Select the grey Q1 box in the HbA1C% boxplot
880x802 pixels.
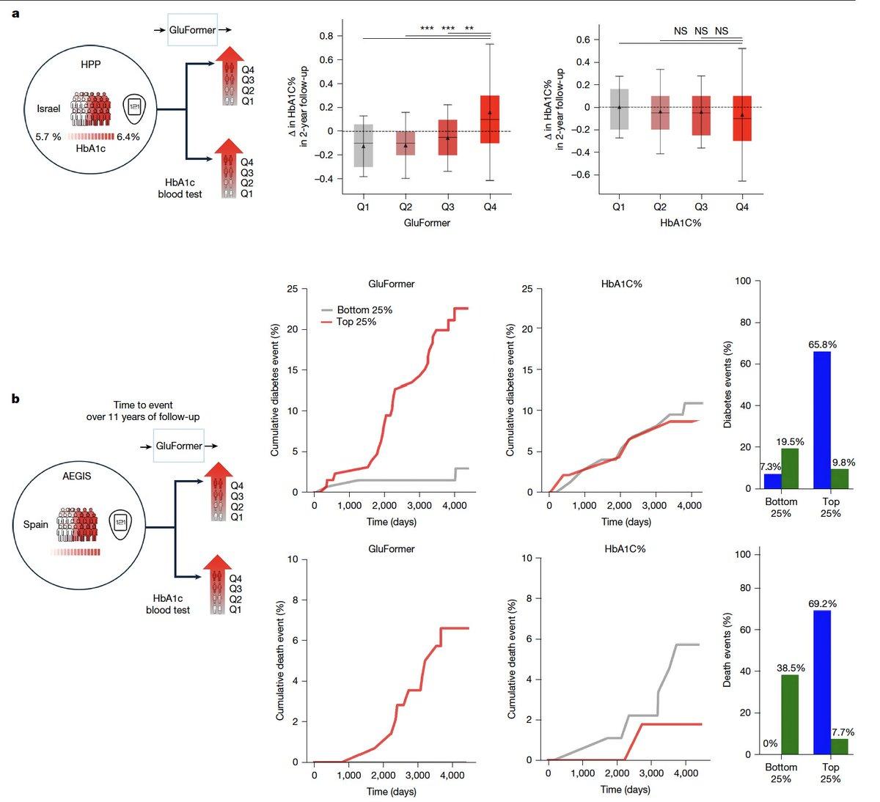pos(619,109)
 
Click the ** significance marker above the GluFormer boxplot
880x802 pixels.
pos(469,30)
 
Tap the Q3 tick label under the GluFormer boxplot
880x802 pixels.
pos(447,207)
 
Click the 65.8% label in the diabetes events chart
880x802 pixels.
pos(822,344)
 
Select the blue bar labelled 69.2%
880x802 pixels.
pos(822,682)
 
